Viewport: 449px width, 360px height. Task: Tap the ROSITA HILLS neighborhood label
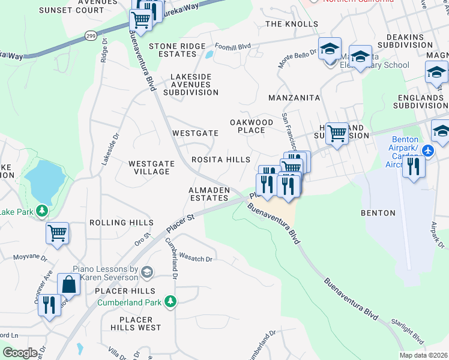click(220, 160)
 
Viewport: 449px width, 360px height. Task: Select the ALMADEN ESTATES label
click(209, 193)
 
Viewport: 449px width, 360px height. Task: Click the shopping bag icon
click(68, 284)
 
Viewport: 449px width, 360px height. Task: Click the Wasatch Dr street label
click(196, 259)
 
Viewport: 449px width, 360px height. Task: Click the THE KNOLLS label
click(292, 24)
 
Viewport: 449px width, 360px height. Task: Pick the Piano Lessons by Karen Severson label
click(105, 274)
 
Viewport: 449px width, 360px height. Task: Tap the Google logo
click(19, 352)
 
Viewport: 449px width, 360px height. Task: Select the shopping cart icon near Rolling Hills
click(58, 233)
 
